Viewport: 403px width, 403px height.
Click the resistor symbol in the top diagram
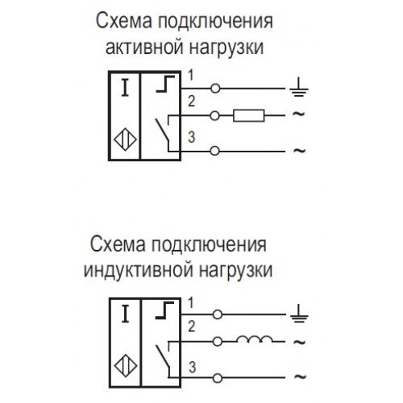coord(249,116)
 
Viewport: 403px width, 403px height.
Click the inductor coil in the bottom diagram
coord(254,339)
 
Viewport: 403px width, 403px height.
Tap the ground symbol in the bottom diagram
coord(299,314)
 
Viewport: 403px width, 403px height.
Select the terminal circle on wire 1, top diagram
coord(215,89)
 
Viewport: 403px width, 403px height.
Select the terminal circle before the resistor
coord(214,116)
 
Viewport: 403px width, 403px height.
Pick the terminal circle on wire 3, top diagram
coord(214,151)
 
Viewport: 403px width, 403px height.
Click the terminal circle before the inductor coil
coord(217,342)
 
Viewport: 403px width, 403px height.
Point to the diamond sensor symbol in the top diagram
coord(126,139)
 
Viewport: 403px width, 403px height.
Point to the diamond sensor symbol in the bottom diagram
coord(126,366)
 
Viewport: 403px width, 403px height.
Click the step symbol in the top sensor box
coord(165,84)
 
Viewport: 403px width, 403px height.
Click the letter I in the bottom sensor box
coord(125,314)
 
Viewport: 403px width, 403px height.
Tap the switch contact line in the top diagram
coord(162,131)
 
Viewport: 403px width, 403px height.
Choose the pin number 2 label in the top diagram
coord(191,102)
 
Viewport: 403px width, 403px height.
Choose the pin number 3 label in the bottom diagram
coord(192,368)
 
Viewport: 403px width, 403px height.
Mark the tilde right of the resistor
coord(299,114)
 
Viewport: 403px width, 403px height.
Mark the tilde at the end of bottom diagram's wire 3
coord(300,376)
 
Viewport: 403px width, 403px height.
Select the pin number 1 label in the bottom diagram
coord(191,303)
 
